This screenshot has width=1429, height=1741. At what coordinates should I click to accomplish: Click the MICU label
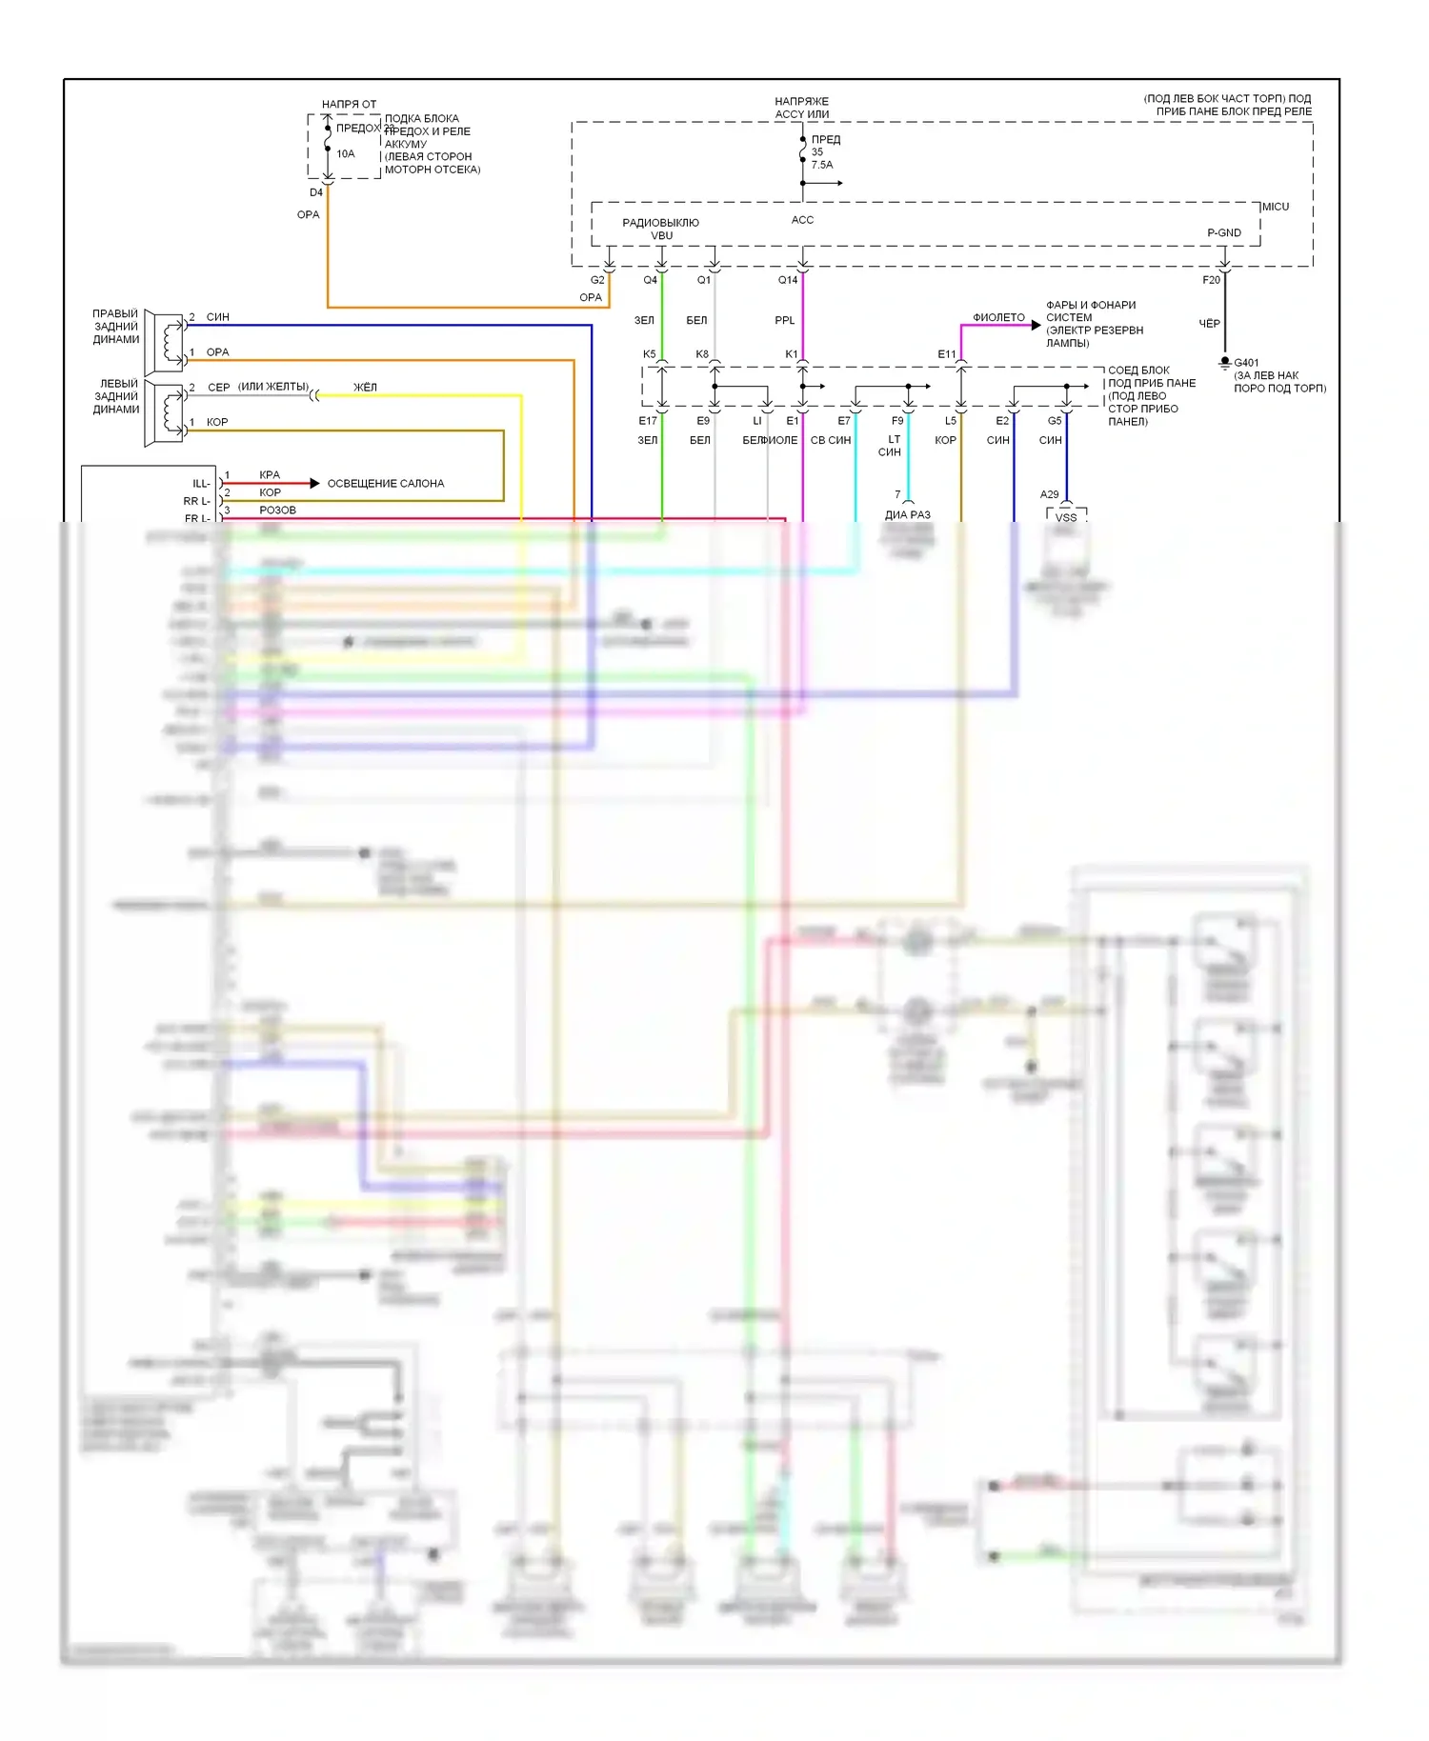pos(1276,207)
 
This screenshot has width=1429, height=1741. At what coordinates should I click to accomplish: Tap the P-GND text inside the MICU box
pos(1223,232)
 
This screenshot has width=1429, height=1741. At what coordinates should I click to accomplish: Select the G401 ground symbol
pos(1225,364)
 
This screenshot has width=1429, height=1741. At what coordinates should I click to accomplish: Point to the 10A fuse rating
pos(345,153)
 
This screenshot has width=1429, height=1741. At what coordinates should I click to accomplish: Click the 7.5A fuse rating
pos(822,165)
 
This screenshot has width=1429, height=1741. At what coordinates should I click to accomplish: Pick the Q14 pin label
pos(788,280)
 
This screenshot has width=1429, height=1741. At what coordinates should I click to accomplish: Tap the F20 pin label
pos(1211,280)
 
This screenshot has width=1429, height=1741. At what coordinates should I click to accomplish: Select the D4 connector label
pos(316,192)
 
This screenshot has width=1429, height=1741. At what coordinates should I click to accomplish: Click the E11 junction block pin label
pos(946,354)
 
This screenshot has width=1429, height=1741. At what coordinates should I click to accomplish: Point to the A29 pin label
pos(1049,494)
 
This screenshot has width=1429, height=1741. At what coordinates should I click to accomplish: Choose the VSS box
pos(1066,517)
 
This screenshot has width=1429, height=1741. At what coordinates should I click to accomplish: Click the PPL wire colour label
pos(784,320)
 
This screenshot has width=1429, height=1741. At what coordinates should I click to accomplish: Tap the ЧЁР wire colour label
pos(1209,324)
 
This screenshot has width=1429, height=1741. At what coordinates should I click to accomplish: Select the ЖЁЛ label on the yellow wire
pos(365,387)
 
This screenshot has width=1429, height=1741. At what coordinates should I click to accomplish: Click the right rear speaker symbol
pos(167,342)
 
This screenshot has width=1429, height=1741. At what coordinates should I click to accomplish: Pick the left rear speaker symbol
pos(167,413)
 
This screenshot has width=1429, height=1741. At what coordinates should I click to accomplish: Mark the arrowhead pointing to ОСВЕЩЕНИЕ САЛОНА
pos(314,484)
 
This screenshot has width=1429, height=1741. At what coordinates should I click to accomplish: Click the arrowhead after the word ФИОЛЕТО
pos(1037,325)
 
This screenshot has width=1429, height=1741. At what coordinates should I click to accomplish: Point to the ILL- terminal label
pos(201,484)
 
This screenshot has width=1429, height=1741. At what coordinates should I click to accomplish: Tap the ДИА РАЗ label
pos(907,514)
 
